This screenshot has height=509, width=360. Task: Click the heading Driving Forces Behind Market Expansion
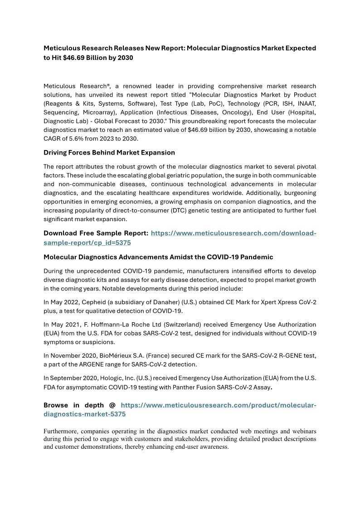pyautogui.click(x=109, y=152)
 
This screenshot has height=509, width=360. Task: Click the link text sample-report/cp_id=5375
pyautogui.click(x=87, y=242)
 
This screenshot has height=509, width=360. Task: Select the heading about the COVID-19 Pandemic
pyautogui.click(x=158, y=257)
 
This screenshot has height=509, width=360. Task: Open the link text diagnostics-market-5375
pyautogui.click(x=85, y=414)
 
